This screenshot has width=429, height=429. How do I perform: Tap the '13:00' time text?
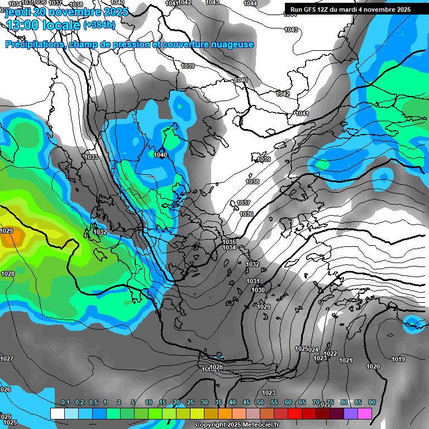click(x=22, y=25)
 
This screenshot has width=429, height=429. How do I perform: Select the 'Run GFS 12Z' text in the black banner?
click(x=313, y=9)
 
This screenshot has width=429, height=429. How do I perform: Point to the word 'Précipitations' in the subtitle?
click(x=35, y=45)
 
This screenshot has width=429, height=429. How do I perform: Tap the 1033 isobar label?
click(x=91, y=158)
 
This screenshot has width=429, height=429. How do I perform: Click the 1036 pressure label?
click(x=246, y=214)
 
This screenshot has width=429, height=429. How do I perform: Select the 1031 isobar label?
click(x=253, y=282)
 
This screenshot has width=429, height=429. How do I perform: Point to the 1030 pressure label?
click(x=258, y=290)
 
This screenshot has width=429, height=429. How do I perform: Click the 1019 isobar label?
click(x=398, y=360)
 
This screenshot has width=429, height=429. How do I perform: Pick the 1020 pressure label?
click(x=373, y=367)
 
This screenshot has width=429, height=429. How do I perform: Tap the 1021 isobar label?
click(x=346, y=361)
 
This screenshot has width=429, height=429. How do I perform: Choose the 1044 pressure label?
click(x=250, y=4)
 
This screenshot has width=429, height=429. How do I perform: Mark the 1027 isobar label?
click(x=7, y=359)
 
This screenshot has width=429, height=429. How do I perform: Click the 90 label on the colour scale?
click(x=372, y=403)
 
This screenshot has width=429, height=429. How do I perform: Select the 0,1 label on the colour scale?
click(x=65, y=403)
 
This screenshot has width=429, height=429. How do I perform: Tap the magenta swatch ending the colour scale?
click(x=365, y=413)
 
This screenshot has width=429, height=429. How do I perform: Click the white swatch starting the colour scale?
click(x=57, y=413)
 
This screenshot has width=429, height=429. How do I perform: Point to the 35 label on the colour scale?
click(x=218, y=403)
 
